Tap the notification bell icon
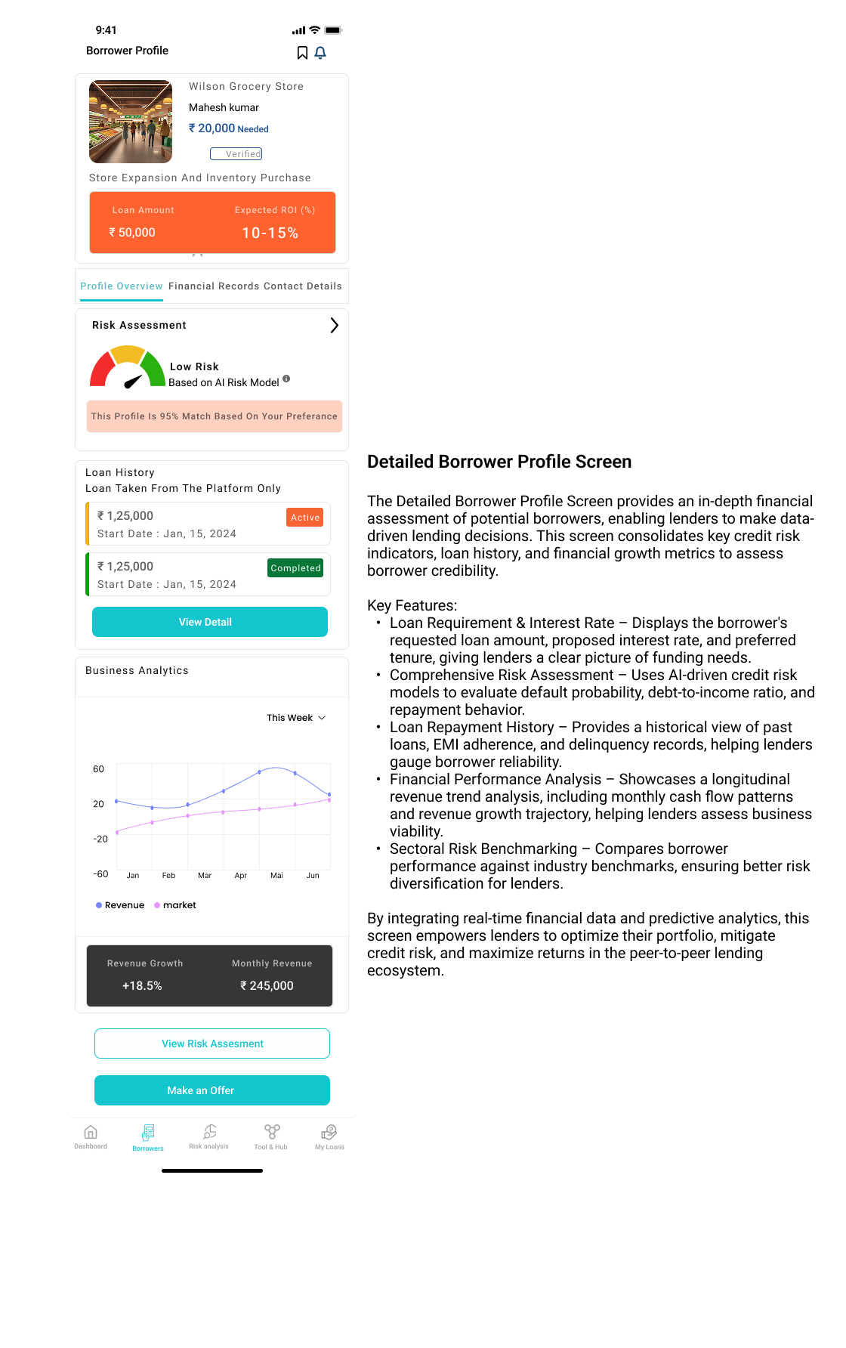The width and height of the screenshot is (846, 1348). (320, 52)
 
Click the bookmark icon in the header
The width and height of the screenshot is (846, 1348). (302, 52)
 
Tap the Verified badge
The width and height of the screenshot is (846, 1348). (236, 154)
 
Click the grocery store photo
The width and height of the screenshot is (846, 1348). (131, 122)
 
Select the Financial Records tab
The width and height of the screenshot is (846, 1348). (214, 286)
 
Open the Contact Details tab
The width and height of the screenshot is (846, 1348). (303, 286)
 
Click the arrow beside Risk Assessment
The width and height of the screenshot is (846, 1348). (334, 326)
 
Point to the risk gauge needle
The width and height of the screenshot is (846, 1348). (133, 382)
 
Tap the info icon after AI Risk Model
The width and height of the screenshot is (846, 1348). (286, 379)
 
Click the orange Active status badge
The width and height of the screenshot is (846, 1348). (305, 518)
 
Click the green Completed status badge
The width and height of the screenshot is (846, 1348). (295, 568)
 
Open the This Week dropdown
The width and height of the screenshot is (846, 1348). (296, 718)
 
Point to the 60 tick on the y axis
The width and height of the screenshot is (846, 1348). (99, 769)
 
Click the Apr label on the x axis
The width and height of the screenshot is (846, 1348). (241, 876)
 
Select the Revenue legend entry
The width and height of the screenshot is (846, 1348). (121, 905)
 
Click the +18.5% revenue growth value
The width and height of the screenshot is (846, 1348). (142, 986)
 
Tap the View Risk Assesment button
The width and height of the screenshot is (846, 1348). (212, 1043)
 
